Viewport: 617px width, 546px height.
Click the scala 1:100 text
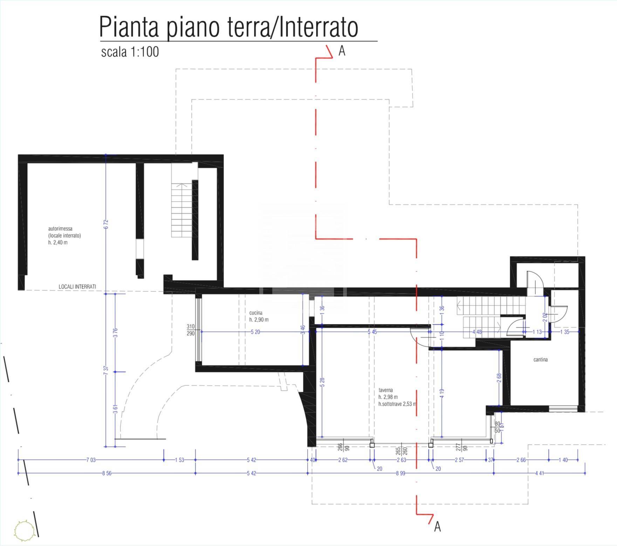click(130, 52)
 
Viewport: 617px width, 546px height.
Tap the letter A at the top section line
click(342, 52)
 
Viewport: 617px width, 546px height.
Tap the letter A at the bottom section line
click(437, 527)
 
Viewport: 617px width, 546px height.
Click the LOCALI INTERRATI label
click(77, 287)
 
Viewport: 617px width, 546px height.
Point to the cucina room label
click(256, 313)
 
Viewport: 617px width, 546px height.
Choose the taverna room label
click(385, 390)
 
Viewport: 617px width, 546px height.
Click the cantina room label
click(540, 360)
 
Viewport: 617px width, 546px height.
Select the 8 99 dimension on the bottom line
click(400, 473)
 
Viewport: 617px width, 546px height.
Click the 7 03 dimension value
click(91, 460)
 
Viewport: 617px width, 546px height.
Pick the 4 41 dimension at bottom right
click(539, 473)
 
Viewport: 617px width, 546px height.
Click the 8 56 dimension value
click(107, 473)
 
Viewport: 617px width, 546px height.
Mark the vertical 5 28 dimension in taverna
click(322, 382)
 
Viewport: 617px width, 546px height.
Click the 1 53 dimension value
click(179, 460)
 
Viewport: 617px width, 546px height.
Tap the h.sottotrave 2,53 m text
click(397, 404)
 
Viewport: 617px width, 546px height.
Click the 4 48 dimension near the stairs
click(477, 332)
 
